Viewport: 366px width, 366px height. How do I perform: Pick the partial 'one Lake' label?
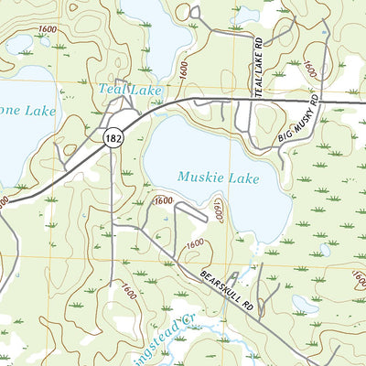(27, 111)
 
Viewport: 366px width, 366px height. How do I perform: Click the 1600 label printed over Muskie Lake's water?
(218, 210)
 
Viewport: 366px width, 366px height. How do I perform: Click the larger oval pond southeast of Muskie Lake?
(306, 303)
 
